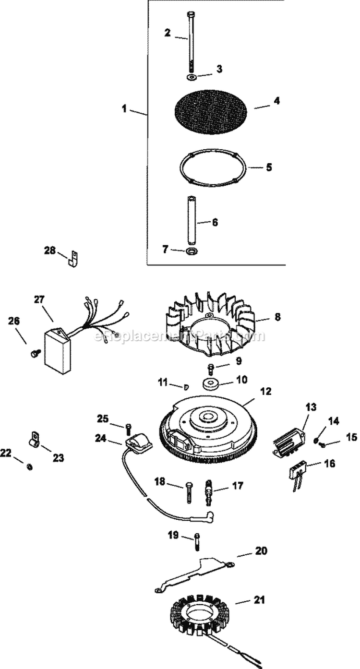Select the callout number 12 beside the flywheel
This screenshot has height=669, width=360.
(x=265, y=392)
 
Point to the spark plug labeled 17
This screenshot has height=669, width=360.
(x=209, y=484)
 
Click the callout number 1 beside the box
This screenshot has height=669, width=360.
(x=124, y=109)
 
